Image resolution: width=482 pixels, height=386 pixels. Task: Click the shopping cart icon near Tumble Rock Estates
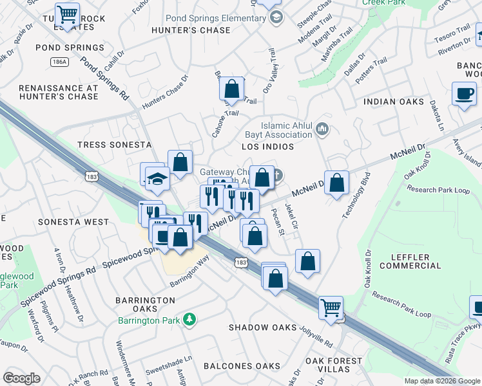(67, 14)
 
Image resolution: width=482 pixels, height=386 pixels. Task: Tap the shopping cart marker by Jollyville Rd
(331, 308)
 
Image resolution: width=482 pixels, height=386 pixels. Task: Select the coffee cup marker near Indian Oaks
(463, 95)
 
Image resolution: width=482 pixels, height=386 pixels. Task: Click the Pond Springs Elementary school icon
(276, 17)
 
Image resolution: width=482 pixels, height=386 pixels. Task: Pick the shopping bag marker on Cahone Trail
(232, 88)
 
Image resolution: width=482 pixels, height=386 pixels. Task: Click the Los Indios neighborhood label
(267, 147)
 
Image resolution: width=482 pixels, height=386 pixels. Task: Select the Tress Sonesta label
(113, 145)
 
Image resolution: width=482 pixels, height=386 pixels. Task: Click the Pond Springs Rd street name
(104, 78)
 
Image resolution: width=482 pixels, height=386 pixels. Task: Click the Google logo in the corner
(21, 378)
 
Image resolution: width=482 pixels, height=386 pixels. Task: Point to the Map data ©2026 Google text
(441, 381)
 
